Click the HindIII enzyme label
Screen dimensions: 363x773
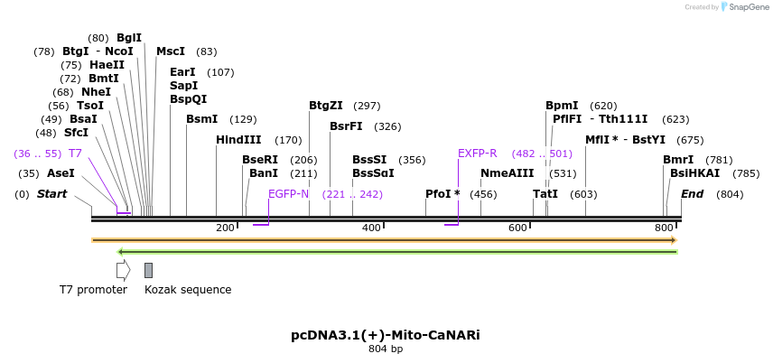pos(238,140)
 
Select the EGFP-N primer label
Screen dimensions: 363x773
pos(288,194)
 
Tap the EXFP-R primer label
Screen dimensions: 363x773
pos(478,154)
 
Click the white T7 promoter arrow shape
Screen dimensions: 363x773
pos(123,269)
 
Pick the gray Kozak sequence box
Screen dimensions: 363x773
pos(148,269)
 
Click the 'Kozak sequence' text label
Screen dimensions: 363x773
pos(188,290)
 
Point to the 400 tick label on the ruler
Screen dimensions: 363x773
pos(371,228)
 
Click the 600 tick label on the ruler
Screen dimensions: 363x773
pos(517,228)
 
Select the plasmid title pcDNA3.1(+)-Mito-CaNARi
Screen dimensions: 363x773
pos(386,335)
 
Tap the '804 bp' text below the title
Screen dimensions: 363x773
pos(386,349)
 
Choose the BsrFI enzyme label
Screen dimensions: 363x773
pos(346,126)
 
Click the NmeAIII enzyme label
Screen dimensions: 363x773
pos(507,172)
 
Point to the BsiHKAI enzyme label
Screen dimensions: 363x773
pos(694,172)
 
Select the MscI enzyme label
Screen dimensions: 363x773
pos(171,51)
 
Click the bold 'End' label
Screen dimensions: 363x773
pos(692,194)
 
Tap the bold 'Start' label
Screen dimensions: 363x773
pos(51,194)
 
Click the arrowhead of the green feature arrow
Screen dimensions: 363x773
pos(122,251)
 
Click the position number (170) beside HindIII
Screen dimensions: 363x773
pos(288,140)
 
